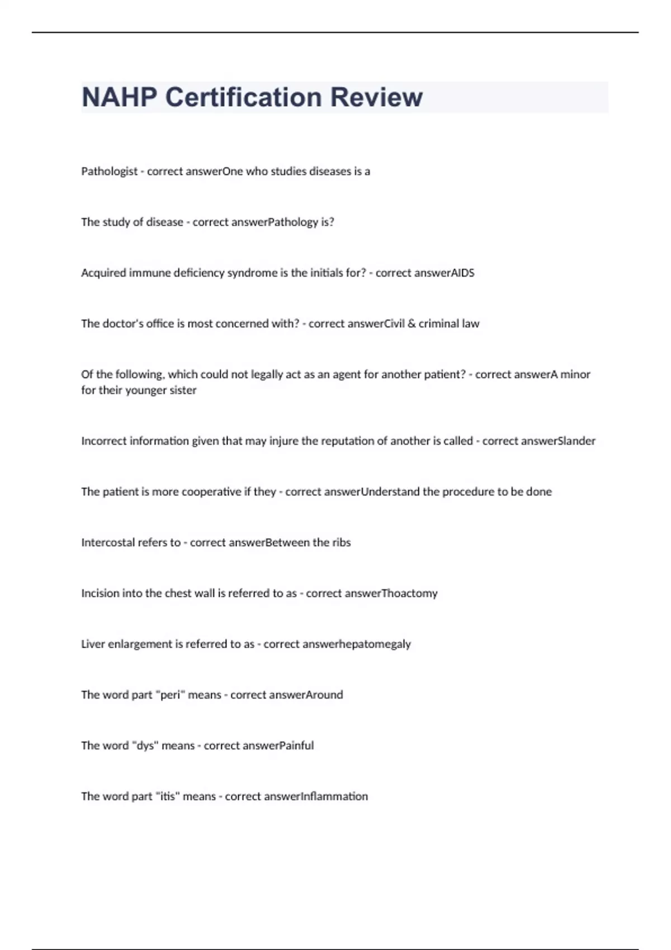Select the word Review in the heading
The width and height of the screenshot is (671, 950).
point(376,97)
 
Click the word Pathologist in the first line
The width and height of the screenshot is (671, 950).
point(109,172)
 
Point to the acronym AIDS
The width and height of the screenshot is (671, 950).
point(462,273)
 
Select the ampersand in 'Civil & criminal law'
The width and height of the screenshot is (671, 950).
point(412,324)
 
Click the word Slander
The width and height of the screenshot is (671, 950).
point(577,441)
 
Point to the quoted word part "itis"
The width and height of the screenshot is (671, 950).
point(168,796)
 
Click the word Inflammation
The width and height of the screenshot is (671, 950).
point(335,796)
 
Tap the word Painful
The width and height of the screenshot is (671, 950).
point(296,745)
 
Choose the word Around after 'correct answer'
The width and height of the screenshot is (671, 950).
point(324,695)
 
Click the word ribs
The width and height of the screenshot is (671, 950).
point(341,543)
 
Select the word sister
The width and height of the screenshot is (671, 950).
point(183,390)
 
